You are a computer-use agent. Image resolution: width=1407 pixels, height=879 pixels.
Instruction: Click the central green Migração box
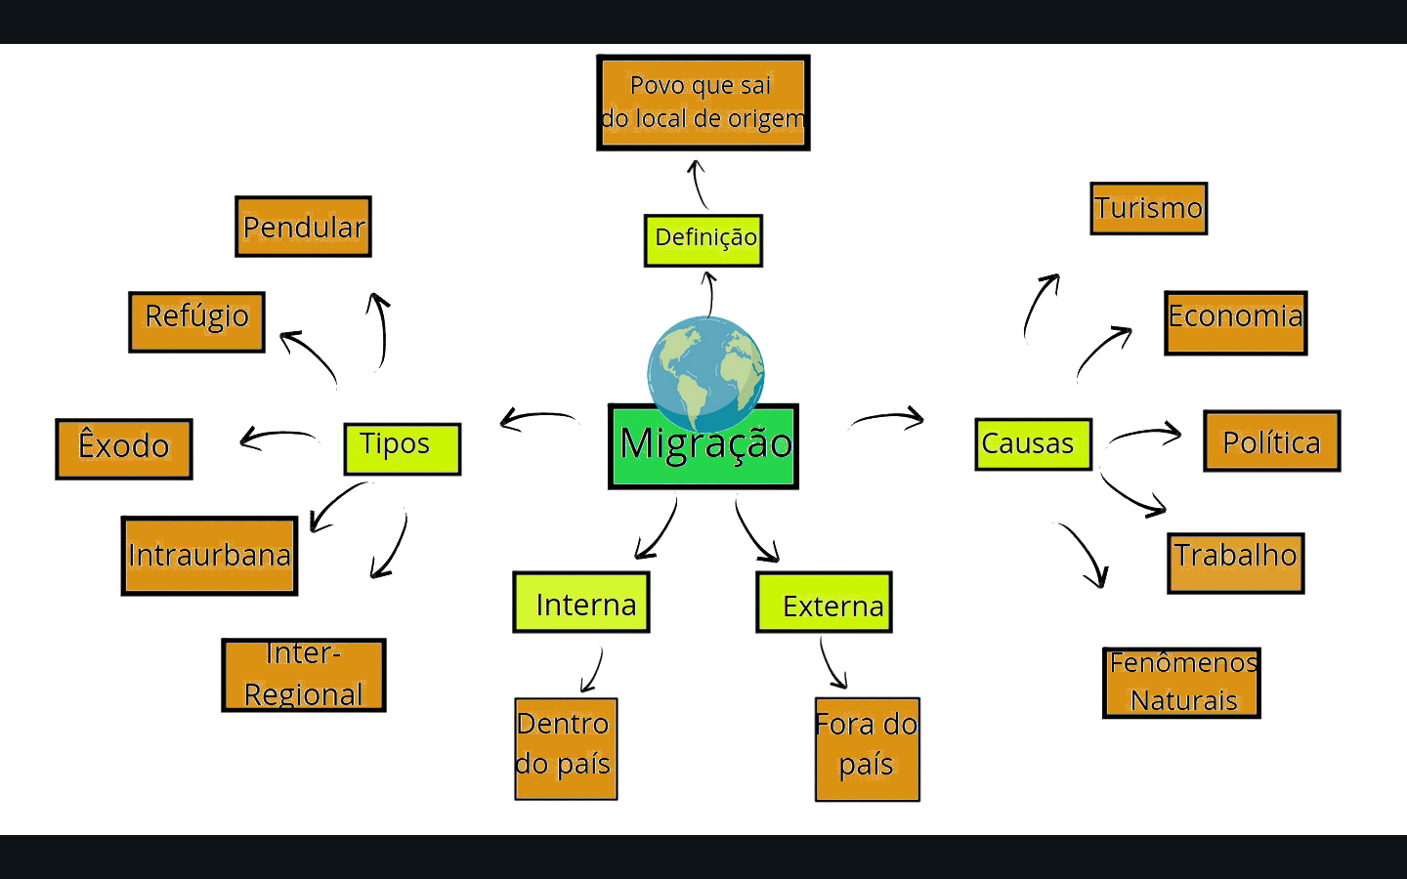pos(703,446)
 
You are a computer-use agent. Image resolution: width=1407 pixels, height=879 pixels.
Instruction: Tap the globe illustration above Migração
pos(706,374)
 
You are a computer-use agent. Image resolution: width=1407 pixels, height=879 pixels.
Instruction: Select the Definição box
pos(703,240)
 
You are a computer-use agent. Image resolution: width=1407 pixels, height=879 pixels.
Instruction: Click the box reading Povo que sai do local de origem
pos(703,103)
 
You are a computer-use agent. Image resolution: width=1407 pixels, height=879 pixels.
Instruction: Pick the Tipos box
pos(403,449)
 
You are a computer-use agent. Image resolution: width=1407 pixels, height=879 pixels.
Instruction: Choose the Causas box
pos(1034,443)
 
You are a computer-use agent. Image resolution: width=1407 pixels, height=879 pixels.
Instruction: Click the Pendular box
pos(303,227)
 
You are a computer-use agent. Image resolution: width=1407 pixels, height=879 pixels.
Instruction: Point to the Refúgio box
pos(196,322)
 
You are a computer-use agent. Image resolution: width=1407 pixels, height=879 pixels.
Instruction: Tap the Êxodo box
pos(124,449)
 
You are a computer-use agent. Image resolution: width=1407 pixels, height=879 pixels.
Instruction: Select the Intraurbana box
pos(209,556)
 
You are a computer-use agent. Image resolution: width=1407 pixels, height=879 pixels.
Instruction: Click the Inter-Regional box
pos(304,676)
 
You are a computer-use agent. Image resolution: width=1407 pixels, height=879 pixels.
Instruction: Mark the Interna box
pos(581,602)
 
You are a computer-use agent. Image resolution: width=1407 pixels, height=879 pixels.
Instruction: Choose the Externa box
pos(824,602)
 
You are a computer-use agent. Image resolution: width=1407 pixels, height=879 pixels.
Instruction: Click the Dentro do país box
pos(566,749)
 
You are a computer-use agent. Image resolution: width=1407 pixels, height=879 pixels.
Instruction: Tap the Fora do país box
pos(868,749)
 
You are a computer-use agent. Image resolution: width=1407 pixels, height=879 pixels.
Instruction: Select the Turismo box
pos(1149,208)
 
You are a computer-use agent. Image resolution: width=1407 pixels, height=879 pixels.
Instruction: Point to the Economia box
pos(1236,322)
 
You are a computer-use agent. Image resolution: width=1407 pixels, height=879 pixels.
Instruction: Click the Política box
pos(1272,440)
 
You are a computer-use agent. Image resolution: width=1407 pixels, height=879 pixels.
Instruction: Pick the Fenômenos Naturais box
pos(1181,683)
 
